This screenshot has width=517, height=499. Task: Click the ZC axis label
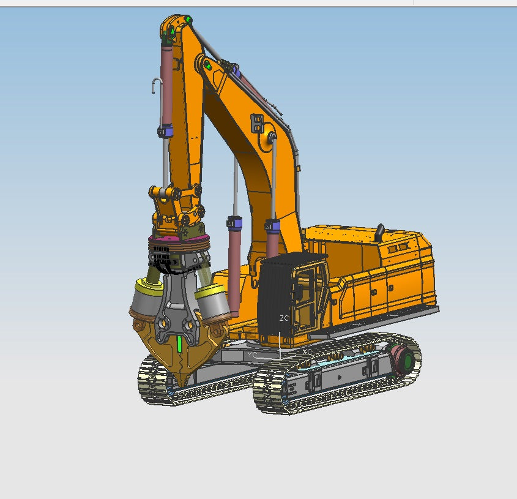click(x=284, y=319)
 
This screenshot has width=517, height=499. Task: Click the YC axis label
click(x=252, y=355)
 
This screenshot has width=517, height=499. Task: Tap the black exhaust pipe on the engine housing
click(x=380, y=232)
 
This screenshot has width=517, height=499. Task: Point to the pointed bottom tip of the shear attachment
click(x=182, y=374)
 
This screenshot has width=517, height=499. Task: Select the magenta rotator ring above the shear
click(x=177, y=239)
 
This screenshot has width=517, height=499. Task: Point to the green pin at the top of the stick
click(x=174, y=30)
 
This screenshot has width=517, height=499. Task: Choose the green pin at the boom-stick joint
click(x=208, y=65)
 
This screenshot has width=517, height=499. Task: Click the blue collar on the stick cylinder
click(x=165, y=130)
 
